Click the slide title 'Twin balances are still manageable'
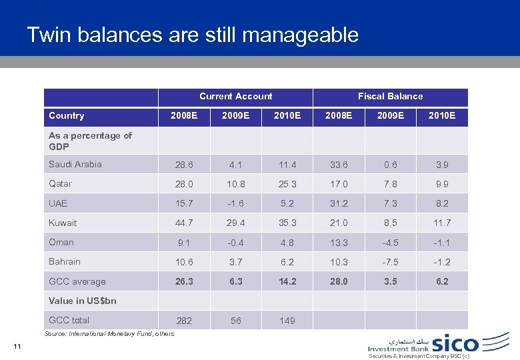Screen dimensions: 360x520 click(x=193, y=35)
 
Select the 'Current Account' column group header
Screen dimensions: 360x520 click(x=235, y=96)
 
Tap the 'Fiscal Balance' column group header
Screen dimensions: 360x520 click(x=390, y=96)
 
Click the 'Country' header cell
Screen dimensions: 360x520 click(x=67, y=115)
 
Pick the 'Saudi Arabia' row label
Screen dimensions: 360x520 click(x=75, y=164)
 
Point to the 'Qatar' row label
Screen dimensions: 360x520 click(x=61, y=183)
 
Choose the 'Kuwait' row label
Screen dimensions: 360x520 click(x=63, y=223)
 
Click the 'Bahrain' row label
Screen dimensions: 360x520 click(x=65, y=261)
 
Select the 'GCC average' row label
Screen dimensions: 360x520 click(x=77, y=281)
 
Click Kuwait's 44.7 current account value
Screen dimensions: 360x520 click(x=184, y=223)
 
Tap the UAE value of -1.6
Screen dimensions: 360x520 click(x=235, y=203)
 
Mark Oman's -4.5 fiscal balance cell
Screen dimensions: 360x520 click(x=390, y=243)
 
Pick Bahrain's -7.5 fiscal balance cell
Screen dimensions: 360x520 click(x=390, y=262)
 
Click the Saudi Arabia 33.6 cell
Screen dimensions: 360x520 click(x=338, y=165)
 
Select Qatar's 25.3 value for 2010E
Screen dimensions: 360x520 click(x=287, y=184)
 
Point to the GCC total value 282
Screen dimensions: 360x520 click(x=184, y=321)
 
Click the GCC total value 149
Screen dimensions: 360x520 click(x=287, y=321)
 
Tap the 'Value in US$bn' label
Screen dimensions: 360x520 click(x=83, y=301)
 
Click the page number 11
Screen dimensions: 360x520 click(x=17, y=345)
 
